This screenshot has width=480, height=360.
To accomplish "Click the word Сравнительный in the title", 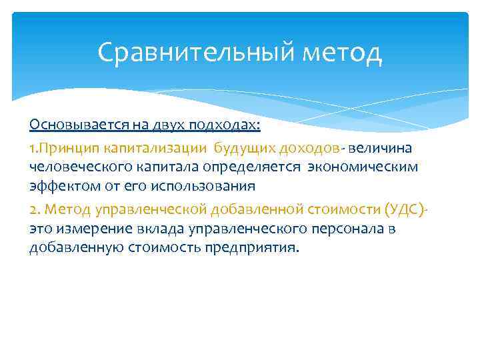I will (185, 52).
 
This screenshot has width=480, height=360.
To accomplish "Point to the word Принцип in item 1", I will (67, 147).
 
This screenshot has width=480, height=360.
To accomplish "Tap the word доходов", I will (308, 147).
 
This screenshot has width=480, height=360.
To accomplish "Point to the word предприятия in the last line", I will (259, 250).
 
